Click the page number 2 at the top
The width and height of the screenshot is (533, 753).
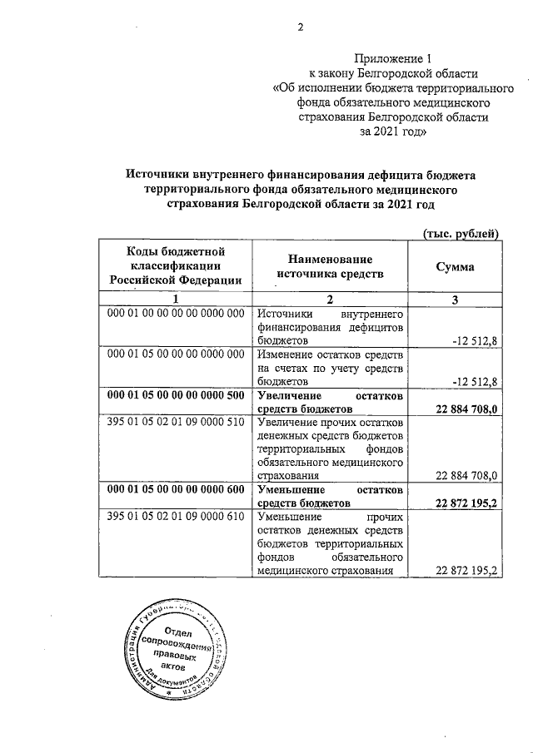click(x=301, y=27)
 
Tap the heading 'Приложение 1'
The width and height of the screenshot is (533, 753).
click(x=394, y=58)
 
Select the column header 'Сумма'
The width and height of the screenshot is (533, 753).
click(x=456, y=267)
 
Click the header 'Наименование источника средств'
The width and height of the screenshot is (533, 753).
click(x=330, y=267)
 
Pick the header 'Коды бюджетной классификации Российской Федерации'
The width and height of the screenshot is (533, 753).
click(x=175, y=266)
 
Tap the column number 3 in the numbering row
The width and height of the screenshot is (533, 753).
click(x=456, y=300)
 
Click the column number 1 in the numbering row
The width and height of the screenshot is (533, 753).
click(x=175, y=300)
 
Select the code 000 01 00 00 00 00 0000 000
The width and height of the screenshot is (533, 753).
click(x=175, y=314)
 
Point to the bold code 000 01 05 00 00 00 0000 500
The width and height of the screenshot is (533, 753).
click(x=175, y=395)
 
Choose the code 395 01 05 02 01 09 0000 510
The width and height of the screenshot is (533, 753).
click(x=175, y=422)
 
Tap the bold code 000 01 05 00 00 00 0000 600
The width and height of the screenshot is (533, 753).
click(x=175, y=490)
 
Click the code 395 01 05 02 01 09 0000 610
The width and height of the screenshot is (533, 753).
click(x=175, y=517)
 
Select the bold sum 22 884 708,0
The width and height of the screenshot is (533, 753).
click(x=466, y=409)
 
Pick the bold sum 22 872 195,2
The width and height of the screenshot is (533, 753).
click(x=466, y=503)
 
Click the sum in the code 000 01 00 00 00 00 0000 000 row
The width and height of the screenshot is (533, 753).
click(x=475, y=340)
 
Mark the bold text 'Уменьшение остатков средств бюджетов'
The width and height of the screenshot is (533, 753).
click(x=330, y=497)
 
